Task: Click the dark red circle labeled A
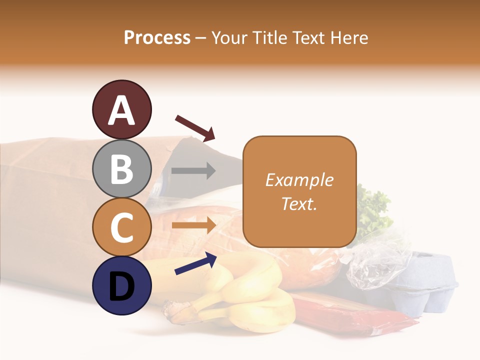point(121,109)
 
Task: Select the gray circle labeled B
point(121,168)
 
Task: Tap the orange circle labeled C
point(121,227)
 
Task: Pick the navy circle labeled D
point(121,285)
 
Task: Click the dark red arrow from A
point(195,127)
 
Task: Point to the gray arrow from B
point(193,171)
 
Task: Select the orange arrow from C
point(193,225)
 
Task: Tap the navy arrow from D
point(195,263)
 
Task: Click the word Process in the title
point(157,38)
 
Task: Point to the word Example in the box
point(299,180)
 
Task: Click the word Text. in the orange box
point(299,203)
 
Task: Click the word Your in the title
point(230,38)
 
